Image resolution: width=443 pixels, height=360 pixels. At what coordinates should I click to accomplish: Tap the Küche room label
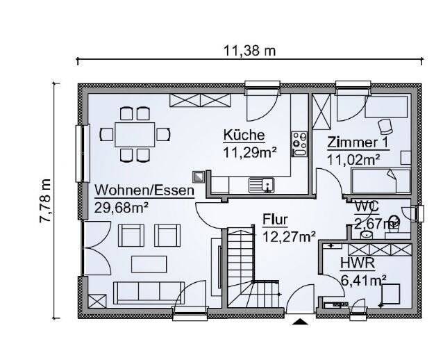coord(244,135)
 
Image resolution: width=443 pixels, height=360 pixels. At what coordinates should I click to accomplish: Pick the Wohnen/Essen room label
coord(144,190)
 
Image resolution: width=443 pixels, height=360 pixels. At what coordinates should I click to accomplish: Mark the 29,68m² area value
coord(122,206)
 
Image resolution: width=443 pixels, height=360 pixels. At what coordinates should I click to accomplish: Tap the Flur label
coord(275,220)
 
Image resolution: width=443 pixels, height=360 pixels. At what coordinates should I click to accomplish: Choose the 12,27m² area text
coord(289,236)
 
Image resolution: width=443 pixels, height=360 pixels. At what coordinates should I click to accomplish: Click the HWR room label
coord(358,263)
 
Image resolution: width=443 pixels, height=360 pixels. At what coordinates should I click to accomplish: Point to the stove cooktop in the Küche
coord(300,143)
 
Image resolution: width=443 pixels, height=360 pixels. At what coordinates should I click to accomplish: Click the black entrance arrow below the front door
coord(300,321)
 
